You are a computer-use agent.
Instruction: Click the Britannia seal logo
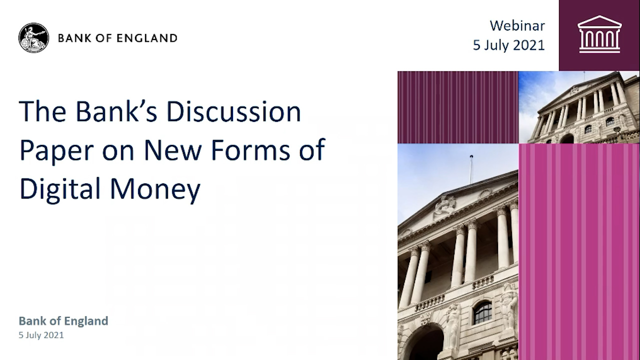[x=33, y=37]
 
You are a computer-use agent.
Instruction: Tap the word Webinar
[x=517, y=25]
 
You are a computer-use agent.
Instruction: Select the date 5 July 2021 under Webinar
[x=508, y=45]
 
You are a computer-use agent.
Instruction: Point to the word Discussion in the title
[x=233, y=112]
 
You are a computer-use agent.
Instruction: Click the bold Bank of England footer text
[x=63, y=321]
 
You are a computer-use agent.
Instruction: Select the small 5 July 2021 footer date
[x=41, y=335]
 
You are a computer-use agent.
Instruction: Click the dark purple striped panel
[x=457, y=107]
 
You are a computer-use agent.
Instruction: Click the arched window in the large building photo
[x=482, y=312]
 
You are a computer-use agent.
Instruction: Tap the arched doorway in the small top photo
[x=566, y=138]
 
